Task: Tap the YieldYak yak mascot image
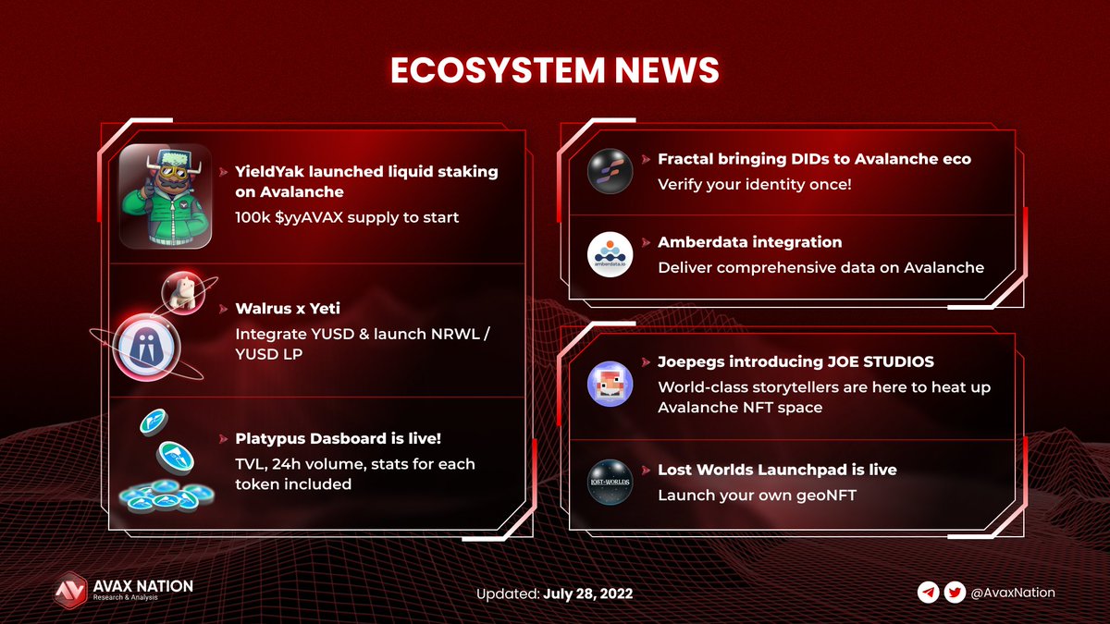tap(166, 195)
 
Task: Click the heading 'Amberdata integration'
tap(749, 242)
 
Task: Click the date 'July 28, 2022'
tap(587, 593)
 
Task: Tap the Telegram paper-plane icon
tap(928, 593)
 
